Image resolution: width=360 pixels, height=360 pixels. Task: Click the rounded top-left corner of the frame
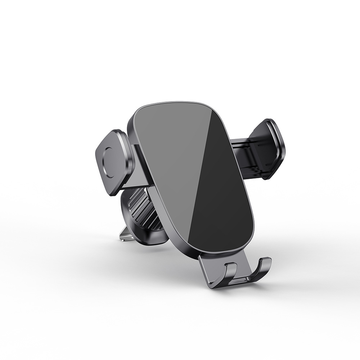coord(137,112)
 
